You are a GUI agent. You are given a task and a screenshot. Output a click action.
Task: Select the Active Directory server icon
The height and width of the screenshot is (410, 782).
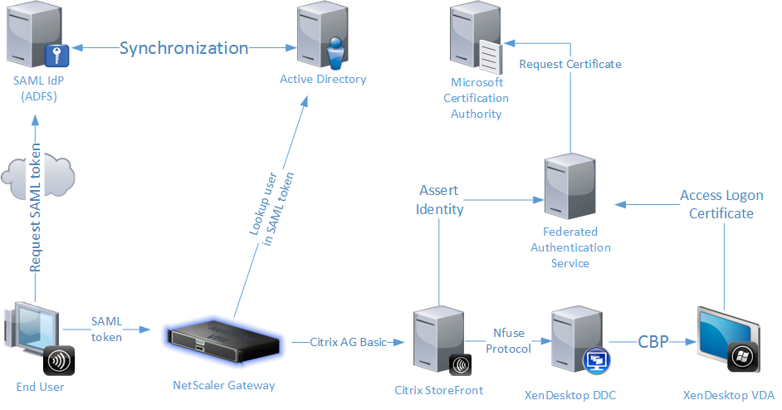(321, 35)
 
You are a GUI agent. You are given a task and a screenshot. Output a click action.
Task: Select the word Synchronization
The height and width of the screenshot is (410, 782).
(183, 48)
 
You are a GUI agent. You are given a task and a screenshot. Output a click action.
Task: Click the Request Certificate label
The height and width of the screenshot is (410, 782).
(569, 64)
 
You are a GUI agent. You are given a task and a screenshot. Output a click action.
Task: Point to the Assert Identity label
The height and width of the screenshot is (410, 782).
(439, 200)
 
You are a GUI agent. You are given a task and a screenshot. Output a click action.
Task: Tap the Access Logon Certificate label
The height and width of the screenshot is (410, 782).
(716, 204)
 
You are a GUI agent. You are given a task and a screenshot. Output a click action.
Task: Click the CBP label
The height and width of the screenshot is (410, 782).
(653, 341)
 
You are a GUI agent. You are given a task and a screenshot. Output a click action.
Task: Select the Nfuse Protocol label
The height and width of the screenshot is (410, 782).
(508, 341)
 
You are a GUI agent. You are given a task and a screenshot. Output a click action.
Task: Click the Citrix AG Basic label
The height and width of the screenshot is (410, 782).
(349, 341)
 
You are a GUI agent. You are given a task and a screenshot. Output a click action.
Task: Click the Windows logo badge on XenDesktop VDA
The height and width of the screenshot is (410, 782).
(740, 358)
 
